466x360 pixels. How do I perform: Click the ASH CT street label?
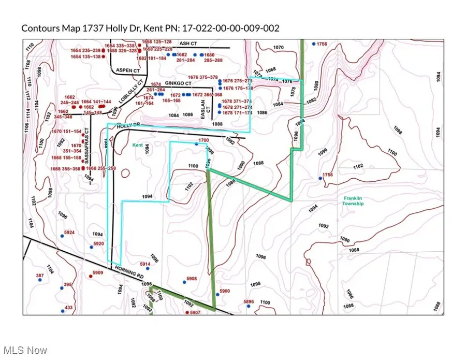[x=185, y=44]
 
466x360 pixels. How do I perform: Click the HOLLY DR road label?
[x=129, y=126]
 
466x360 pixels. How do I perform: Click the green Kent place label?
[x=137, y=146]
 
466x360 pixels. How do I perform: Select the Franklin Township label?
[x=354, y=201]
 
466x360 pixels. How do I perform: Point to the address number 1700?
[x=203, y=140]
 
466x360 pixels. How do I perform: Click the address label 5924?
[x=69, y=233]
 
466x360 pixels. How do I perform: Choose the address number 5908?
[x=192, y=279]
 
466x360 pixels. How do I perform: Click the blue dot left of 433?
[x=62, y=311]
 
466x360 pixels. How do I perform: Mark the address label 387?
[x=40, y=276]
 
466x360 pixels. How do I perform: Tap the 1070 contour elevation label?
[x=279, y=48]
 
